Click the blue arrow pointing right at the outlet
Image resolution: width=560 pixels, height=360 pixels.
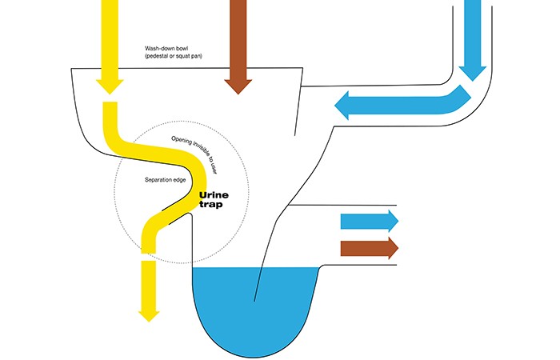tap(369, 220)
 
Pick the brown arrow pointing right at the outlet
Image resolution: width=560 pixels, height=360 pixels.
tap(369, 246)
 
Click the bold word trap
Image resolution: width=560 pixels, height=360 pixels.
tap(210, 205)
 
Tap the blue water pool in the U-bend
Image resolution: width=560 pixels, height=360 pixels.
tap(256, 304)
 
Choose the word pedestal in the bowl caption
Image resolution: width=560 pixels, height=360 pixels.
tap(162, 57)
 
